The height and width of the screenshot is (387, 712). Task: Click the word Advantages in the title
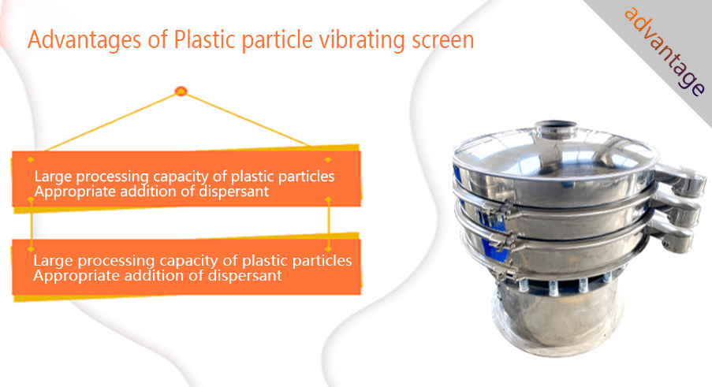(84, 41)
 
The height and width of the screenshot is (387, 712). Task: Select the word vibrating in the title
(362, 41)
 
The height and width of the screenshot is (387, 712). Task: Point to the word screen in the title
(442, 42)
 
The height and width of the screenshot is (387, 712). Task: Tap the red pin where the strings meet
(181, 91)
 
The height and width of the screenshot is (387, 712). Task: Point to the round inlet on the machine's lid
(556, 130)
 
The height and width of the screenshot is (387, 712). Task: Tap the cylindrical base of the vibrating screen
(557, 320)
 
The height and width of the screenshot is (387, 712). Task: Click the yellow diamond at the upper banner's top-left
(31, 160)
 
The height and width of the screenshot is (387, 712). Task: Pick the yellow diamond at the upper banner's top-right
(328, 160)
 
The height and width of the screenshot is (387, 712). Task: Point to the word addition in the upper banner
(148, 192)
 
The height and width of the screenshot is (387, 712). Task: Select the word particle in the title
(277, 41)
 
